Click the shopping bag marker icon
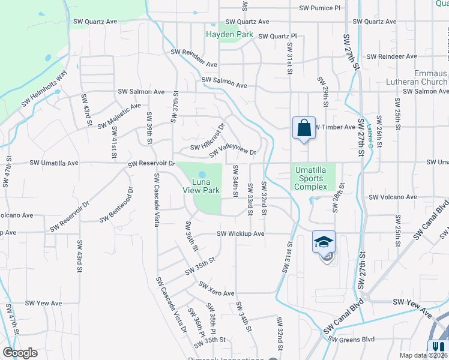304,128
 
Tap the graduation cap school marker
324,242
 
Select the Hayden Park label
229,35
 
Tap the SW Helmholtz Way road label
44,90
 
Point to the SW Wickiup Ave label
240,233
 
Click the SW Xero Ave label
216,289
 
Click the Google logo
20,353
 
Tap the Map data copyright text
424,355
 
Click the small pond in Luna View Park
202,175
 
